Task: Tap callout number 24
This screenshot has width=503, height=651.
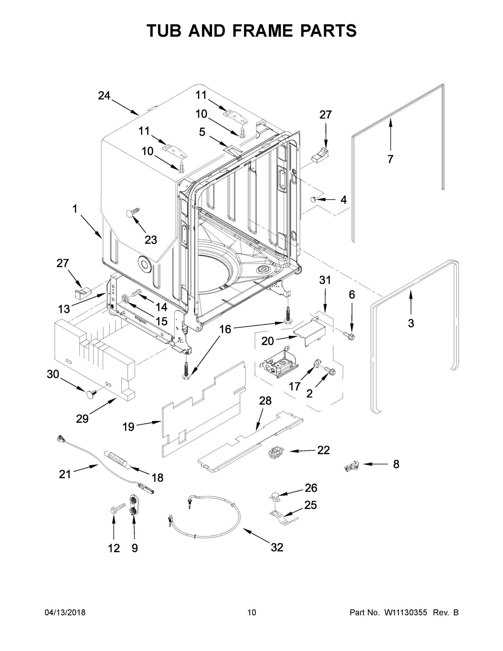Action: click(104, 96)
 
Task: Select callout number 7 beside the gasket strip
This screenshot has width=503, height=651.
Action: click(390, 159)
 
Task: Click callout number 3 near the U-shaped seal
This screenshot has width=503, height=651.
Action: click(411, 323)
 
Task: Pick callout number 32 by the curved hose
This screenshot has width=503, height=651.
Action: click(277, 547)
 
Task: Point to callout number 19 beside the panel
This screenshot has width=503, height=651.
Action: click(129, 427)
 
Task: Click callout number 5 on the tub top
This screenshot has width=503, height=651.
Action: click(202, 132)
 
